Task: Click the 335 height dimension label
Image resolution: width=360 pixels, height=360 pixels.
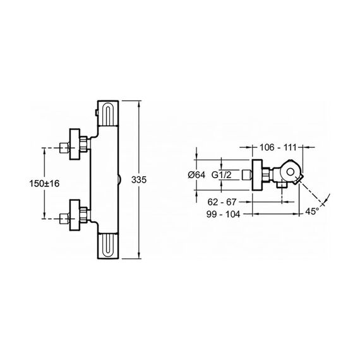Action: (139, 180)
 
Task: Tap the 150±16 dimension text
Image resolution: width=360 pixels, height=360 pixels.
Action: (44, 183)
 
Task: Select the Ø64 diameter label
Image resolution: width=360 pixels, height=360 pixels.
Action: (196, 175)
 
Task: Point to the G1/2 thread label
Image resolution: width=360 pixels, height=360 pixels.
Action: (221, 175)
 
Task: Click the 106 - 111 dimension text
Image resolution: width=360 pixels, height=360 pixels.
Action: (278, 147)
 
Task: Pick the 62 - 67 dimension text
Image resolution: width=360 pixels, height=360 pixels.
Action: (222, 202)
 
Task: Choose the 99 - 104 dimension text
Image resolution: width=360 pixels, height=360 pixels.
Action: (223, 214)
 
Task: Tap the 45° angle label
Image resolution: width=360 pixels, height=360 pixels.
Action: (312, 211)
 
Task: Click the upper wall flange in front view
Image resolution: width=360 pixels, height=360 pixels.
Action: (75, 144)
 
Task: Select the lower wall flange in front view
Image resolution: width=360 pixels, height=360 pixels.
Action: (75, 215)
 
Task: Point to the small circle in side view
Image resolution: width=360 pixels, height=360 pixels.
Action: (291, 172)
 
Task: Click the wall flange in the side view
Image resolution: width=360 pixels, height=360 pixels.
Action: (257, 175)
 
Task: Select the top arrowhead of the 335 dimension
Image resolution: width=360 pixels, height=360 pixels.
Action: (139, 104)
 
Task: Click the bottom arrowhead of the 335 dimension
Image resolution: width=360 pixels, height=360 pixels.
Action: (139, 255)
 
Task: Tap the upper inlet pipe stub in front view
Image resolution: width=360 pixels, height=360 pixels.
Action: (64, 148)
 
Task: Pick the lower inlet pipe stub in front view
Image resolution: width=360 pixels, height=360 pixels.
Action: (64, 219)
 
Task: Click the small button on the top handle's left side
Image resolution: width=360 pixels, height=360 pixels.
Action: (97, 112)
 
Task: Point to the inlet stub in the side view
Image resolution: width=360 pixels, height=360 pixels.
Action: (248, 175)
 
